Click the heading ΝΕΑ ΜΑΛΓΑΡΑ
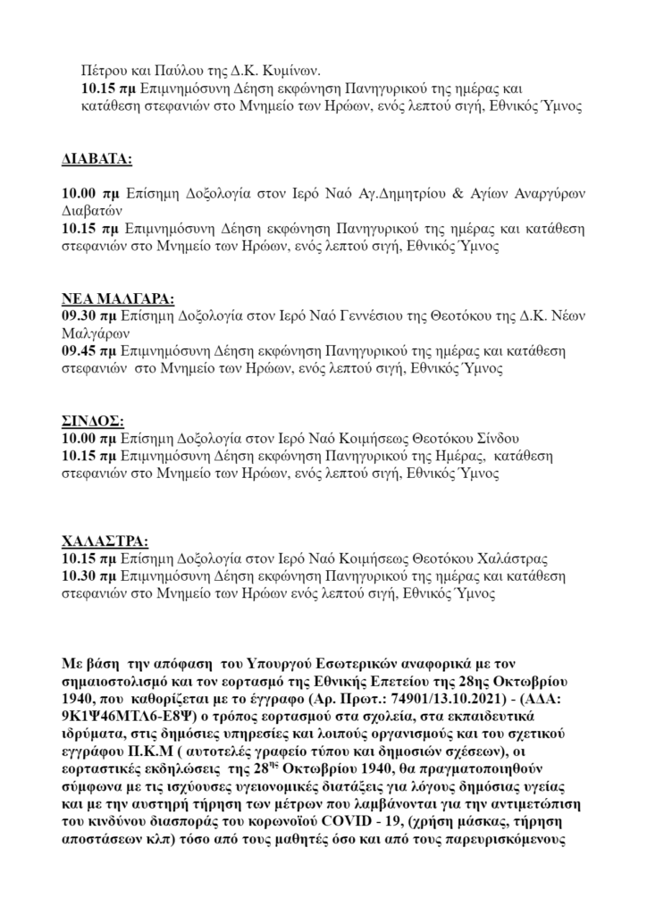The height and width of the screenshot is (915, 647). tap(118, 298)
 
